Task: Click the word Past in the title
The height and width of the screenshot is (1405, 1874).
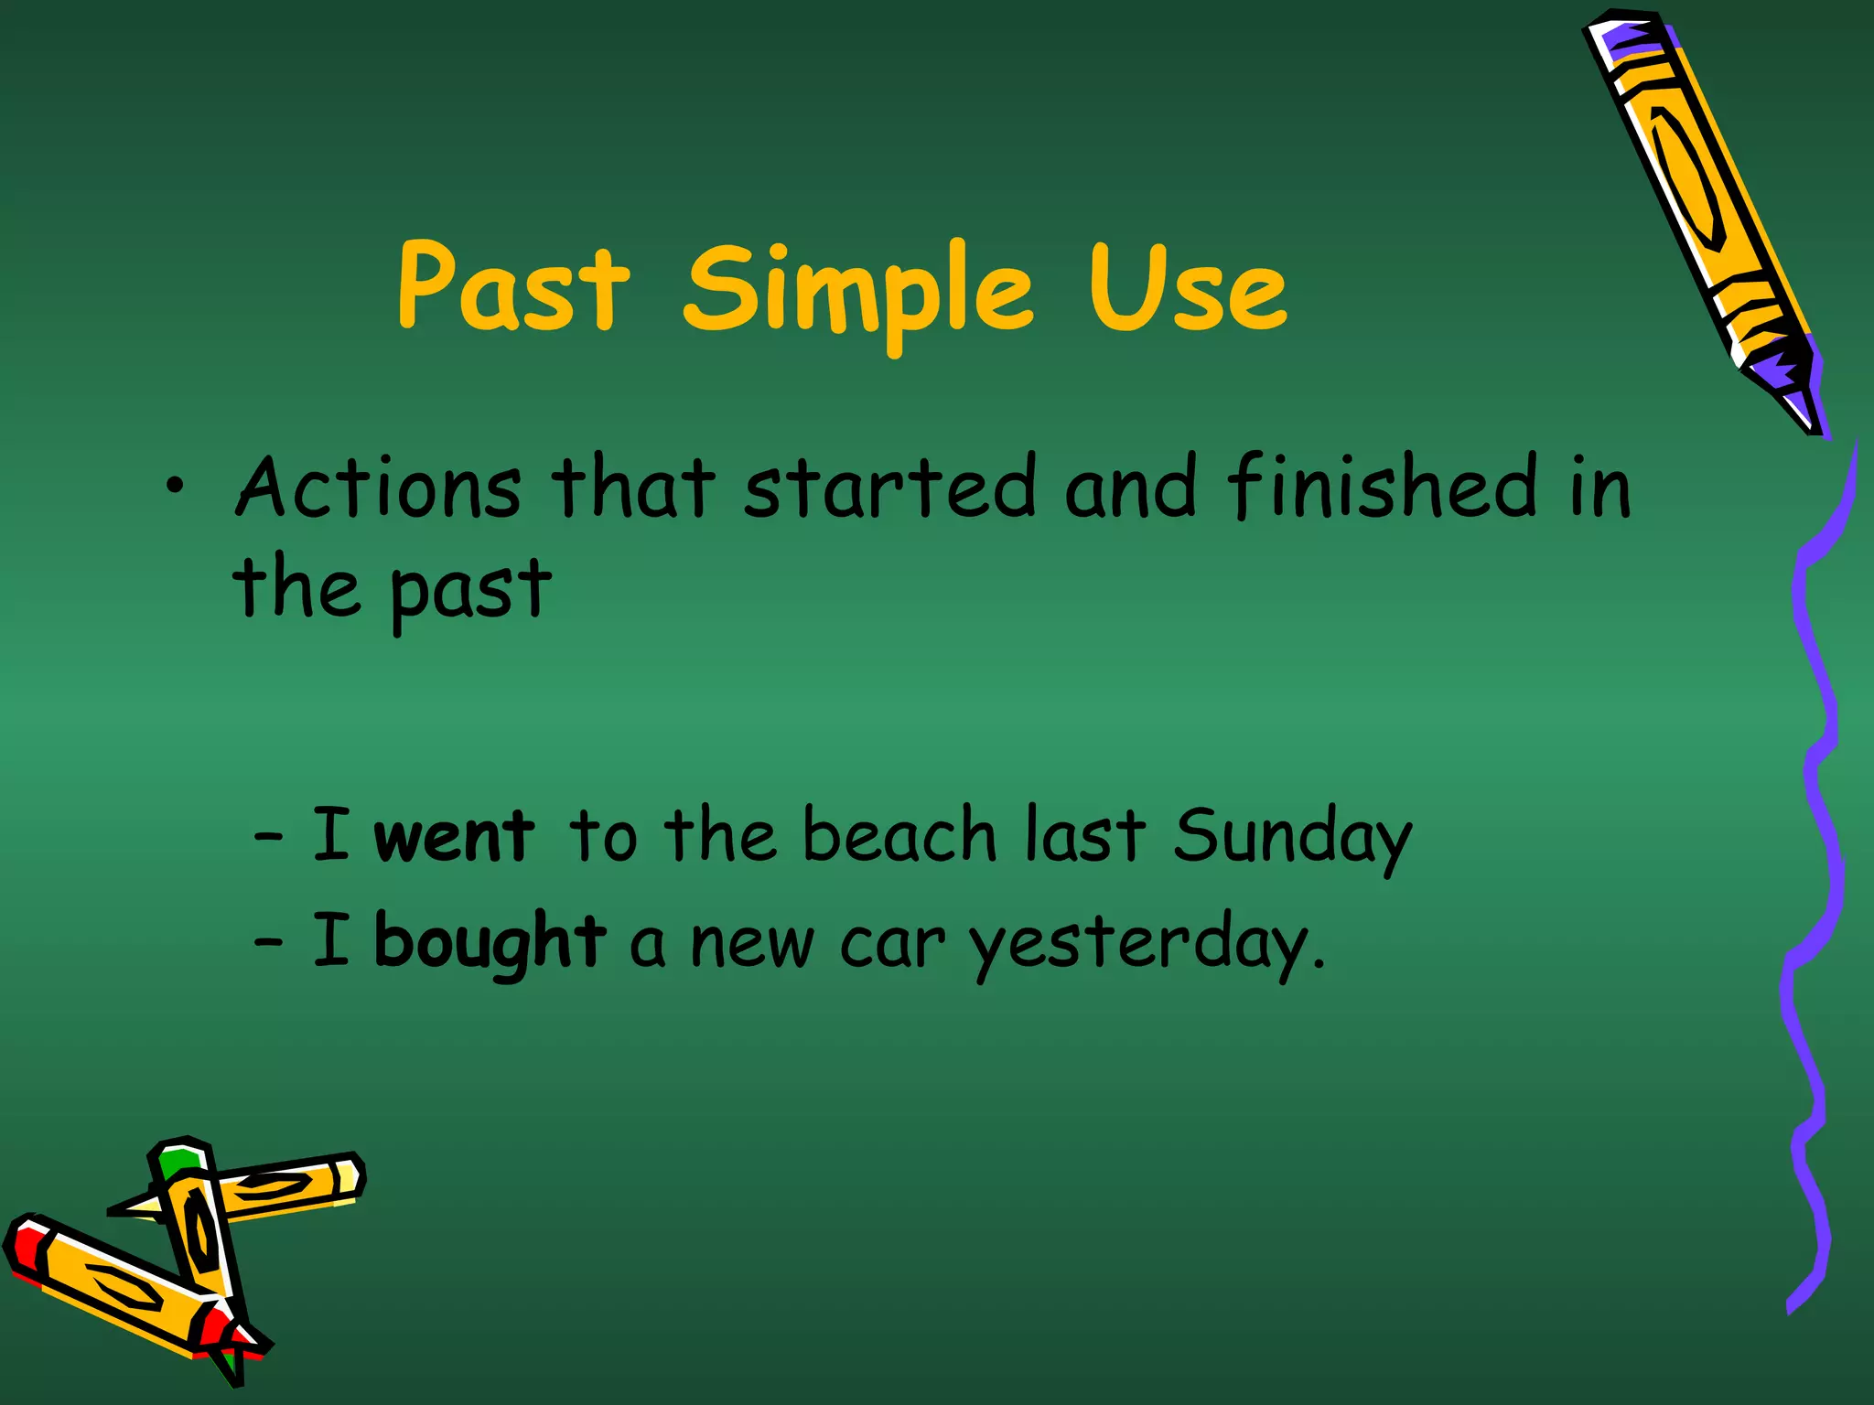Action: (514, 288)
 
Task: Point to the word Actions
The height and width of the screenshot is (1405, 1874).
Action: (378, 487)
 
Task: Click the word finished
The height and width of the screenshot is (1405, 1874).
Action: (1382, 487)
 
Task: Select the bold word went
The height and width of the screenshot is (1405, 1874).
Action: (454, 836)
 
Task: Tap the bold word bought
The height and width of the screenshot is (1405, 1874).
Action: (490, 942)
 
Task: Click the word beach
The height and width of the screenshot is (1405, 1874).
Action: (899, 836)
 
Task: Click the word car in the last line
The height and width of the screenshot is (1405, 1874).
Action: (891, 944)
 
